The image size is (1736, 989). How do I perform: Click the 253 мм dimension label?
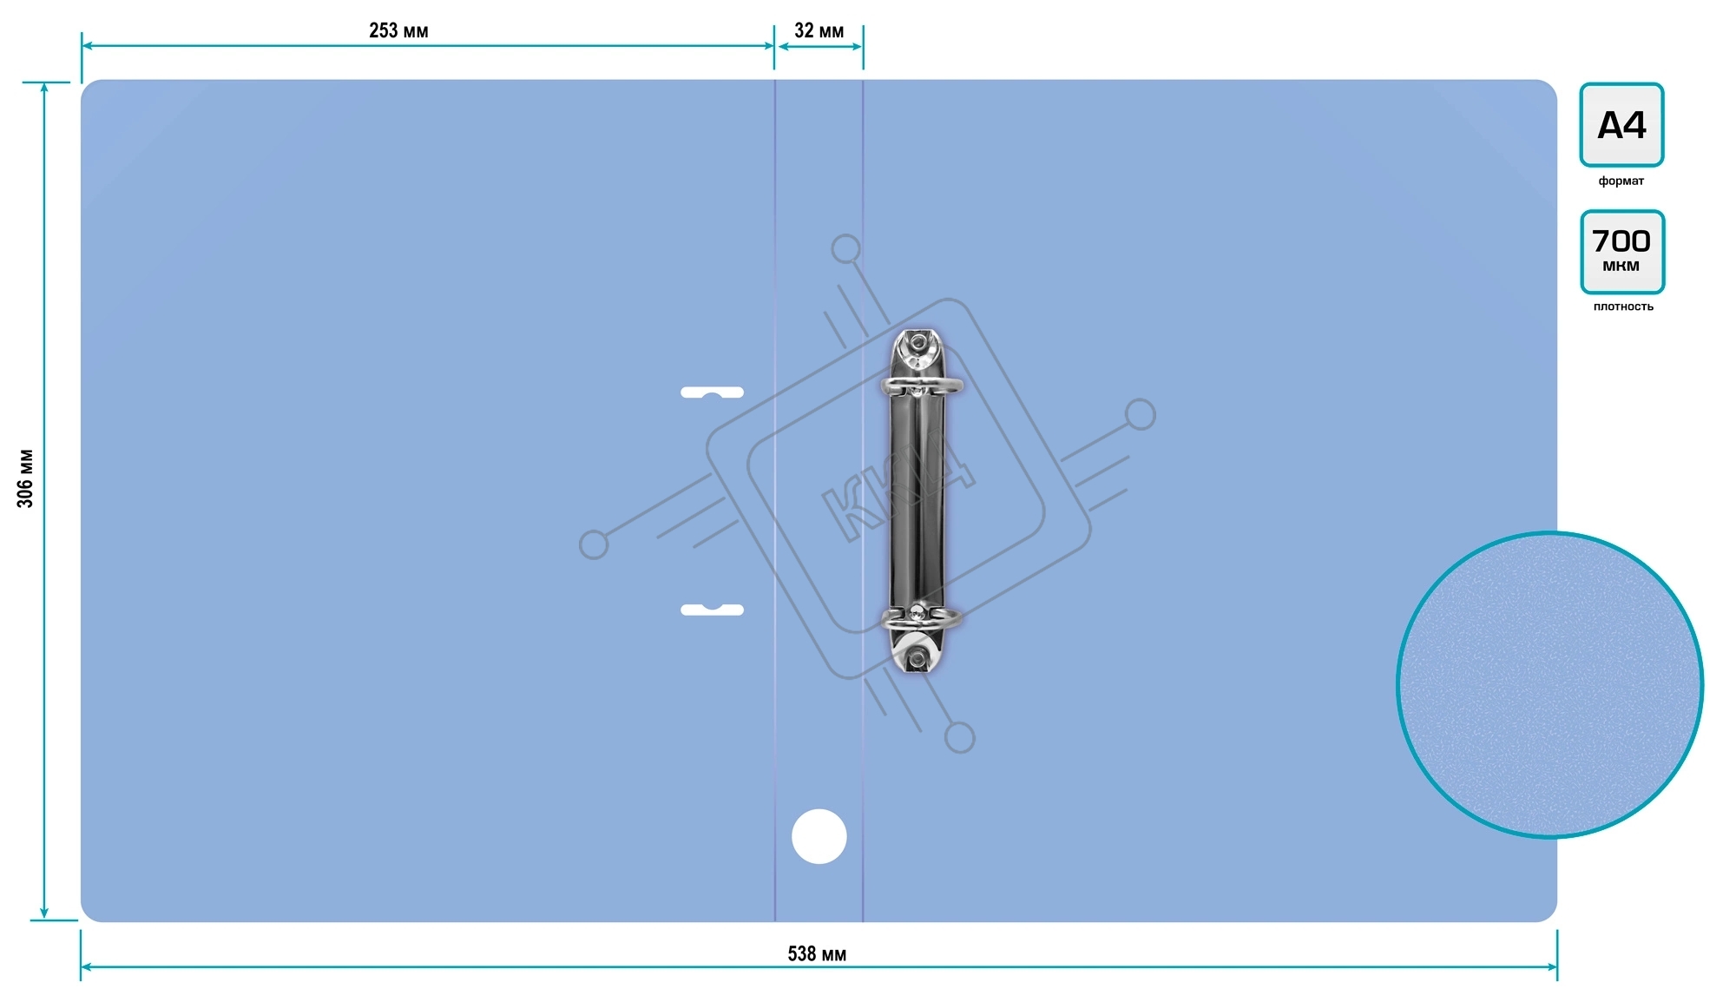[398, 31]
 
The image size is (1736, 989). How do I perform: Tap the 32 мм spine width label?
[819, 31]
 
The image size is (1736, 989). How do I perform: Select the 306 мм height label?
[25, 478]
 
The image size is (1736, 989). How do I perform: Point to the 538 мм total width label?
[817, 954]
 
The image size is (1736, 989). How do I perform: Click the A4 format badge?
[1621, 124]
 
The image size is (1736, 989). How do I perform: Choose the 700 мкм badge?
[1622, 252]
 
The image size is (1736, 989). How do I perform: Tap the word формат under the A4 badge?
[1621, 181]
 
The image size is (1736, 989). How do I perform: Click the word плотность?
[1623, 307]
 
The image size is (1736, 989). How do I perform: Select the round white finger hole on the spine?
[819, 836]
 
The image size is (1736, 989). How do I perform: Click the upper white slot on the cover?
[712, 392]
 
